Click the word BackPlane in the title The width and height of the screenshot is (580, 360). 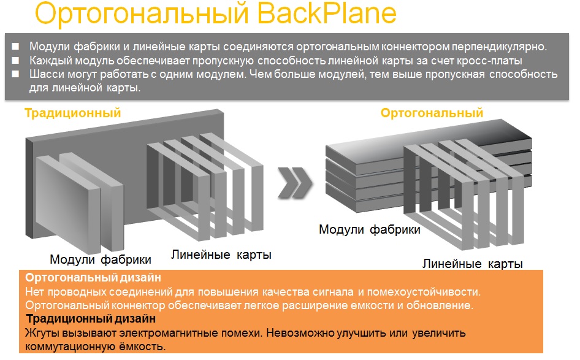pos(327,13)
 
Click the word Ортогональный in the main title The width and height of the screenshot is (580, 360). pos(142,15)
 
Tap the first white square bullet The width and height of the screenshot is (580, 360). pos(15,47)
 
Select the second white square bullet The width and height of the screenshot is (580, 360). pos(15,60)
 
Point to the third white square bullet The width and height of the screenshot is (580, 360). pos(15,74)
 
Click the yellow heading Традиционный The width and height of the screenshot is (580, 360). pos(73,113)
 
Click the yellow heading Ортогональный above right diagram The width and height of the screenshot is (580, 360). pos(432,113)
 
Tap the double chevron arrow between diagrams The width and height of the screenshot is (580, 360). pos(295,182)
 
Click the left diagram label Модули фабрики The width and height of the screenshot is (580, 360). pos(101,260)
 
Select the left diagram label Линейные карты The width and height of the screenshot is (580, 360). pos(221,255)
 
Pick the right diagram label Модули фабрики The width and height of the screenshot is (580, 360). pos(370,230)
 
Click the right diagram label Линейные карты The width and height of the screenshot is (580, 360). pos(473,264)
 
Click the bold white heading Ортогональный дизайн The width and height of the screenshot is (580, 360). pos(93,277)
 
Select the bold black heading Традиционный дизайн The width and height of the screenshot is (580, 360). pos(91,318)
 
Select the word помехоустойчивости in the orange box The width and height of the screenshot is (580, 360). pos(424,292)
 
